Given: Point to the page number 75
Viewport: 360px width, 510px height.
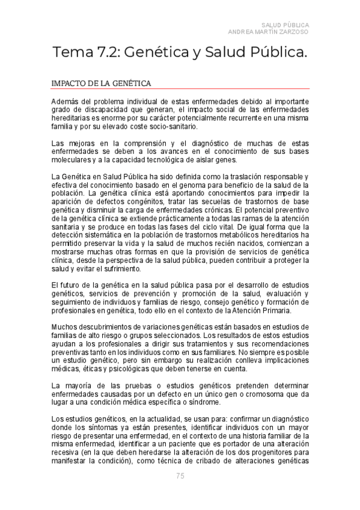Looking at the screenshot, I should pyautogui.click(x=180, y=476).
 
